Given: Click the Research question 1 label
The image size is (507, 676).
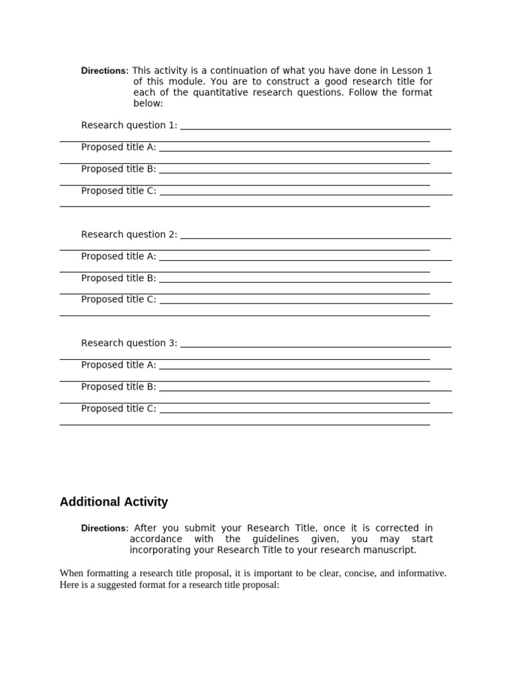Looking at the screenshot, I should [x=129, y=125].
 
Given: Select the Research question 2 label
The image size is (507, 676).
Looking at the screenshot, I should [x=129, y=234].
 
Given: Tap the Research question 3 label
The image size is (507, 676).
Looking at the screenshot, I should [x=129, y=343].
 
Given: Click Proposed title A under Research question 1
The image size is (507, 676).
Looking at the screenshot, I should [x=118, y=147].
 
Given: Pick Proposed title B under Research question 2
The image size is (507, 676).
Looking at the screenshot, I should [x=118, y=278].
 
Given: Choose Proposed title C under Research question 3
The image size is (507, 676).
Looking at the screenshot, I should [x=118, y=409].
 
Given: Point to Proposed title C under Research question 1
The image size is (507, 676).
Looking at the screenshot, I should [x=118, y=191].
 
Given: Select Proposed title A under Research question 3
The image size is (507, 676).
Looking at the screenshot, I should [x=118, y=365].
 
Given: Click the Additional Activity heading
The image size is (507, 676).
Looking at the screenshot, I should [x=114, y=502].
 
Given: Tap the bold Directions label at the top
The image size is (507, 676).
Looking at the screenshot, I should [x=104, y=71].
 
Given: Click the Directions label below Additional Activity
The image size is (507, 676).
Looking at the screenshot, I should [x=104, y=529].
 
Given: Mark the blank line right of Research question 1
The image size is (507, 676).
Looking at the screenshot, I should [x=316, y=128].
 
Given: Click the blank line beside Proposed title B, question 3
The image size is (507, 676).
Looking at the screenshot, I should [x=305, y=391].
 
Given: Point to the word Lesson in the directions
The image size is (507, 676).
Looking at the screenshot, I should [x=407, y=71].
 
